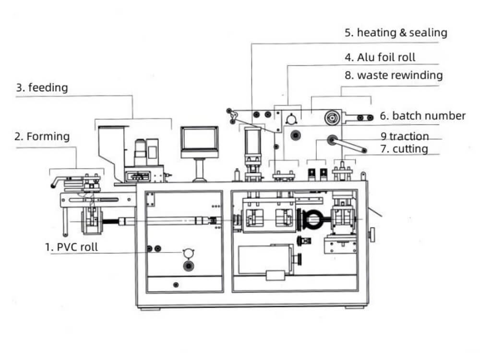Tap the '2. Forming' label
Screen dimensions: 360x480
(x=42, y=136)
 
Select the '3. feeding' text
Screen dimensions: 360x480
(x=42, y=88)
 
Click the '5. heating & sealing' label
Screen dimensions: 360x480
(x=396, y=33)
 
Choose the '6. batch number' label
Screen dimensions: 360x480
(x=423, y=116)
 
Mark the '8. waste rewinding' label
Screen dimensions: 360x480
(x=394, y=75)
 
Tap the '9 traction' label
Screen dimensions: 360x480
(x=405, y=137)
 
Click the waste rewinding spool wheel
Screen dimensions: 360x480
(x=330, y=117)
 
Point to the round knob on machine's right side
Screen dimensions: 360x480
(x=372, y=234)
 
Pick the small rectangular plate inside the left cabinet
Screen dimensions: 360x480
(x=151, y=199)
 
